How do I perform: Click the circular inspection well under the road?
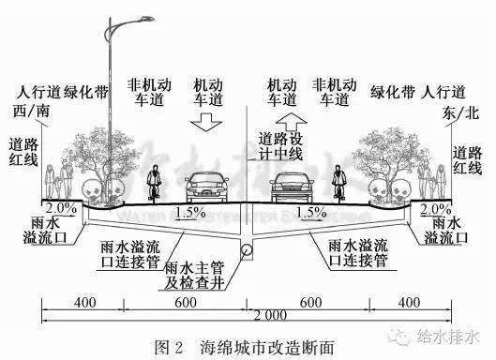point(247,251)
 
